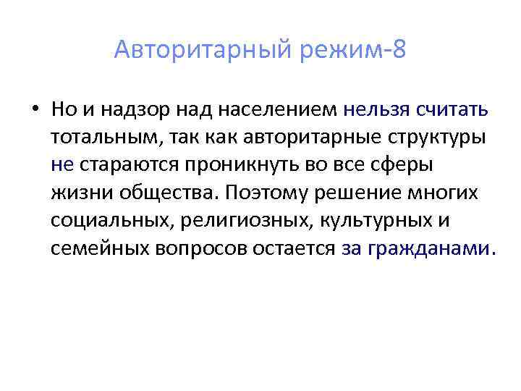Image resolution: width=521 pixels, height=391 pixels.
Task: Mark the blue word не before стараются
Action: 62,165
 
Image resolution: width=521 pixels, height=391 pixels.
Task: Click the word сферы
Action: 405,165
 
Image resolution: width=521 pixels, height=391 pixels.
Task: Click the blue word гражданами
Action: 428,248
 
